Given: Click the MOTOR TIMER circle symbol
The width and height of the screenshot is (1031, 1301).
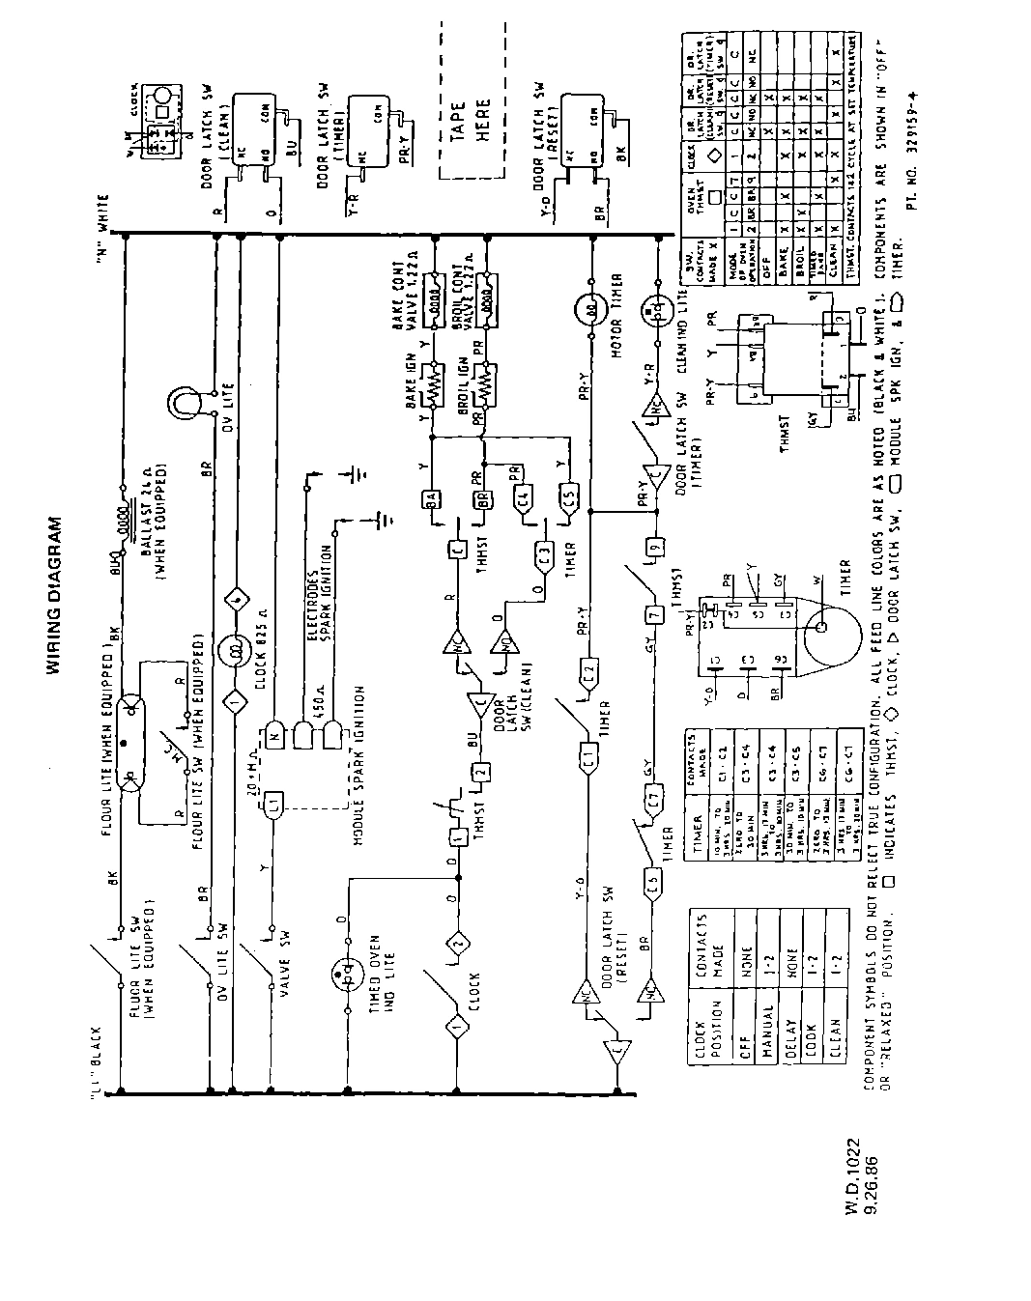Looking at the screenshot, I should pos(590,311).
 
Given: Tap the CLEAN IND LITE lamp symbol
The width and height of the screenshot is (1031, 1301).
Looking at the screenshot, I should pos(661,310).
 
